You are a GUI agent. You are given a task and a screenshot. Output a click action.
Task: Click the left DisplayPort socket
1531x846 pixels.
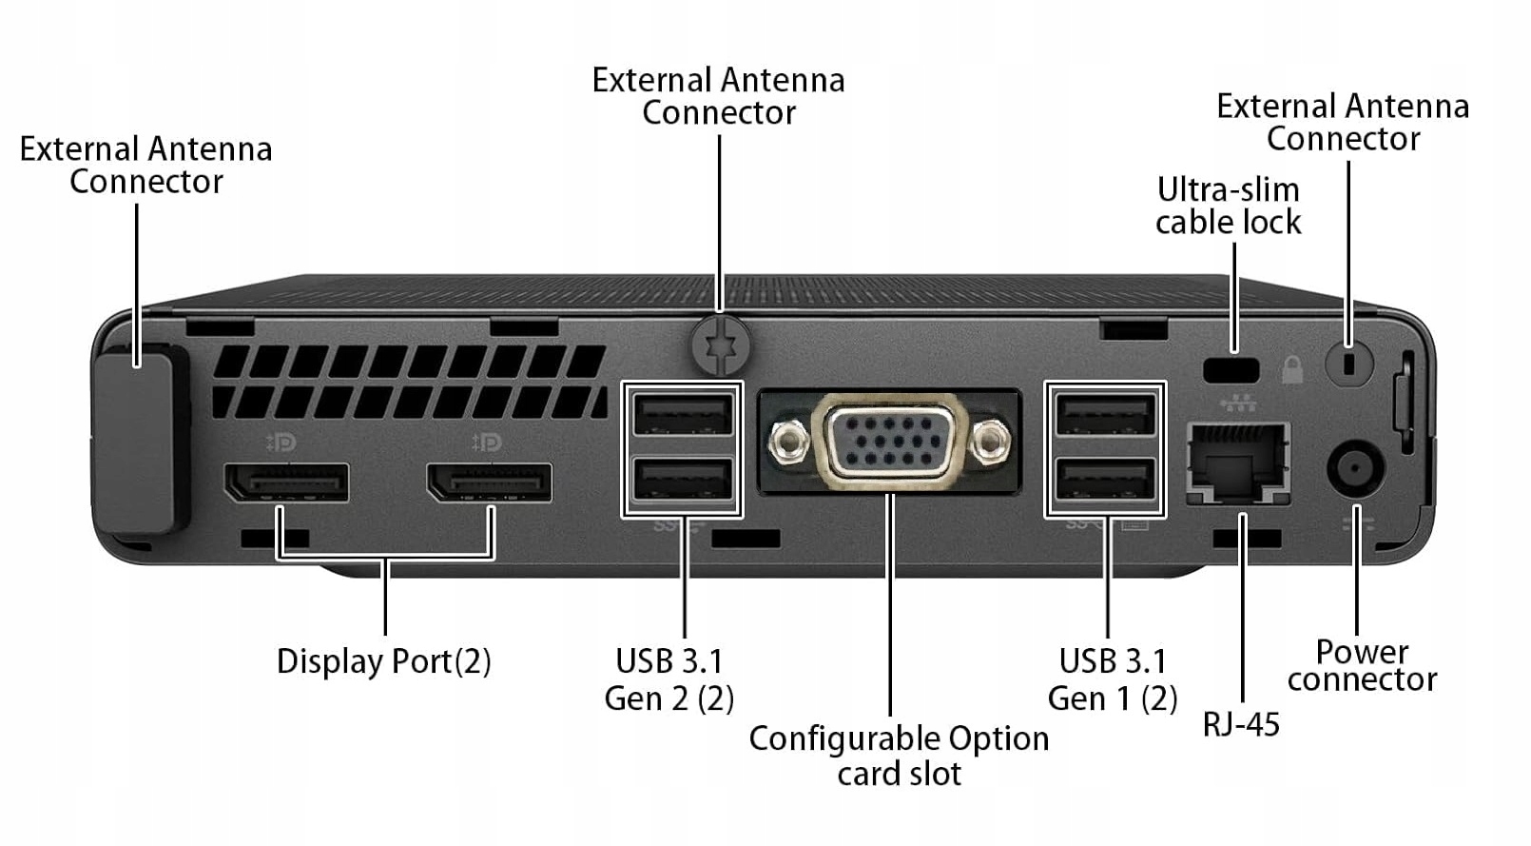pos(286,482)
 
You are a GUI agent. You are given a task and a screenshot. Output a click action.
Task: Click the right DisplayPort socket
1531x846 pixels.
pos(490,482)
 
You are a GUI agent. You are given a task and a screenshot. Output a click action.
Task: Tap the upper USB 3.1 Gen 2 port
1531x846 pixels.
pos(682,415)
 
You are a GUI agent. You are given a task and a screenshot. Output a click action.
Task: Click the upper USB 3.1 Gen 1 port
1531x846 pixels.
pos(1105,415)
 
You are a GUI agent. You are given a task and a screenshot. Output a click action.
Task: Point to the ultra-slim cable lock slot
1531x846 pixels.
pos(1231,369)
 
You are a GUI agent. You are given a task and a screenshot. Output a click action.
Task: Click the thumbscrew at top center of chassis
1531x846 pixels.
pos(721,344)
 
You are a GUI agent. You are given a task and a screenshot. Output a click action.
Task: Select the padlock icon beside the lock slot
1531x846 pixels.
pos(1291,369)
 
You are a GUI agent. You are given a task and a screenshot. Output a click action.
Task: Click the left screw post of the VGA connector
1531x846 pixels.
pos(787,441)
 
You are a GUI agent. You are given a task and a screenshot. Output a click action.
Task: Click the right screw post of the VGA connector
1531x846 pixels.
pos(992,441)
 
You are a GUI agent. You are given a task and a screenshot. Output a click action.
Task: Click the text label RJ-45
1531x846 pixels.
pos(1241,724)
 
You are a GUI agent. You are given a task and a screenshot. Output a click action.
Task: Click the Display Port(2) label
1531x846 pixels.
pos(383,661)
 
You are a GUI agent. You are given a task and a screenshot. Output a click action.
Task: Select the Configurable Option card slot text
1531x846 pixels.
pos(899,756)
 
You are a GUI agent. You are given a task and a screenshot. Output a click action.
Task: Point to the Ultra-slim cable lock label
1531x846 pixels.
pos(1228,206)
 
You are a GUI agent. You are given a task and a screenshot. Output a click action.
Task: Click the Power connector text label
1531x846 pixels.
pos(1362,665)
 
